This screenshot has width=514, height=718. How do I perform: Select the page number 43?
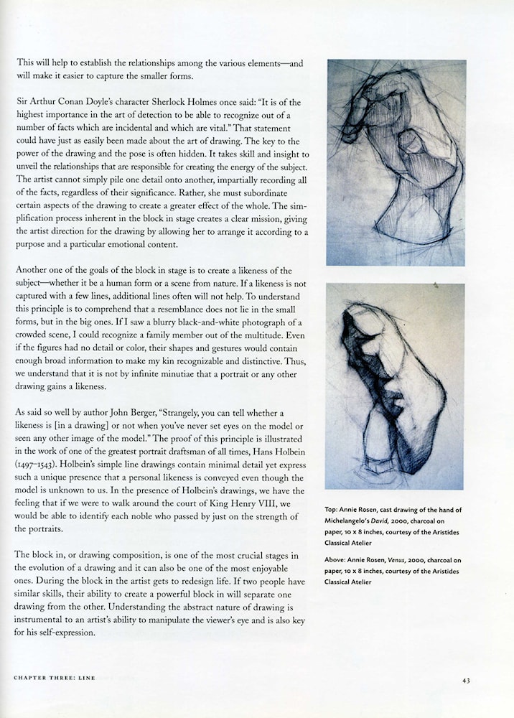point(467,680)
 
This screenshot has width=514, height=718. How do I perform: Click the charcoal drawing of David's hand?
point(396,163)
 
